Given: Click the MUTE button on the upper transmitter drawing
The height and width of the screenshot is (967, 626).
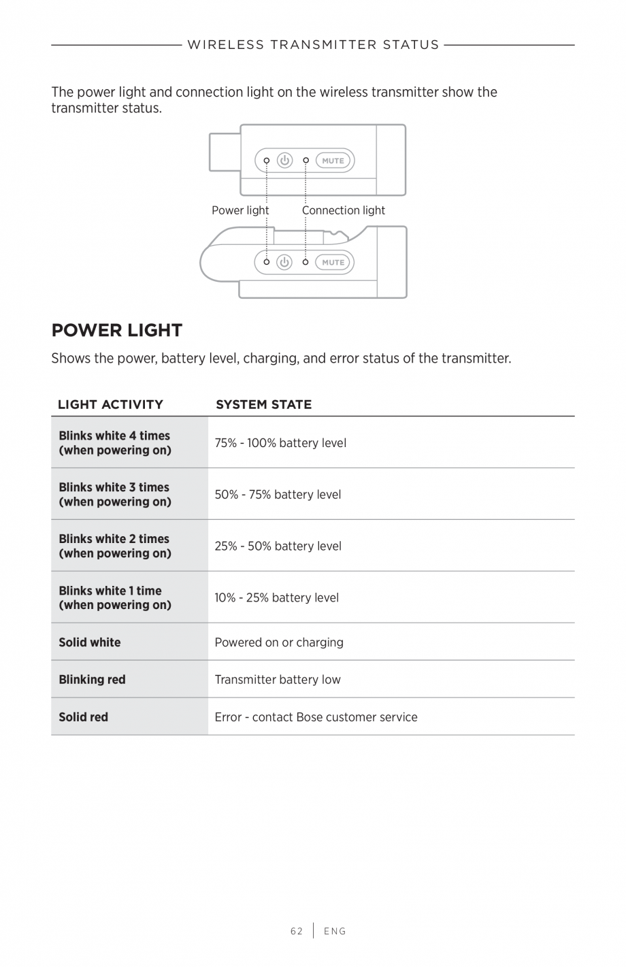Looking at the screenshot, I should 333,161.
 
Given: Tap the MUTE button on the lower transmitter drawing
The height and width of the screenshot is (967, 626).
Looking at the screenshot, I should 333,262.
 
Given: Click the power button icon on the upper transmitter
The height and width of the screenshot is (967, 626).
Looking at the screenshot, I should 284,161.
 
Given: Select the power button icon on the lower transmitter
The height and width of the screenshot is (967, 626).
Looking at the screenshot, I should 284,262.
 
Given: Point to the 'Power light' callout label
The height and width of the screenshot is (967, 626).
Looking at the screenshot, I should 240,210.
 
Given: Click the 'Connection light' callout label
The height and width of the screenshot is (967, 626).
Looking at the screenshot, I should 344,210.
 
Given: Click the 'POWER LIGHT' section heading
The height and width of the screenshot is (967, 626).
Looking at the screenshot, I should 117,331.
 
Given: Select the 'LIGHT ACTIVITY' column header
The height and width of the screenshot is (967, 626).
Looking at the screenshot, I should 110,404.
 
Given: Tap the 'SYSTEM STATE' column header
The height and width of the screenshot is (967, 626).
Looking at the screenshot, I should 263,404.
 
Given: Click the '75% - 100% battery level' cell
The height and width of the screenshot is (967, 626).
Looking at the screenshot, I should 280,443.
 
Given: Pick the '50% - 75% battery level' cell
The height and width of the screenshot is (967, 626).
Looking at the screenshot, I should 278,495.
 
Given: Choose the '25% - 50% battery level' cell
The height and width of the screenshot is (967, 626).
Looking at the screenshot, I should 278,546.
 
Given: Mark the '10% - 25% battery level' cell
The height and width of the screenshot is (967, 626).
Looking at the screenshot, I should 276,597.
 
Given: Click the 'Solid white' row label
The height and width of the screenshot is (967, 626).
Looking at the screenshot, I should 89,642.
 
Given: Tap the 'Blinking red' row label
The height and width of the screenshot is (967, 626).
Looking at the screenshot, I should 92,679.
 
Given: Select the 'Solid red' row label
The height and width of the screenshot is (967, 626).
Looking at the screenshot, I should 83,717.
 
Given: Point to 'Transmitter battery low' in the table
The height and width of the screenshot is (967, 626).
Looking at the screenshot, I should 278,679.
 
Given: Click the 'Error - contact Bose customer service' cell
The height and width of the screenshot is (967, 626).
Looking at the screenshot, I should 316,717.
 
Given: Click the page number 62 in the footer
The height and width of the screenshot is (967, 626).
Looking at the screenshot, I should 296,931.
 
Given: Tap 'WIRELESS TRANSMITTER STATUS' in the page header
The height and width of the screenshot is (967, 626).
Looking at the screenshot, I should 313,45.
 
